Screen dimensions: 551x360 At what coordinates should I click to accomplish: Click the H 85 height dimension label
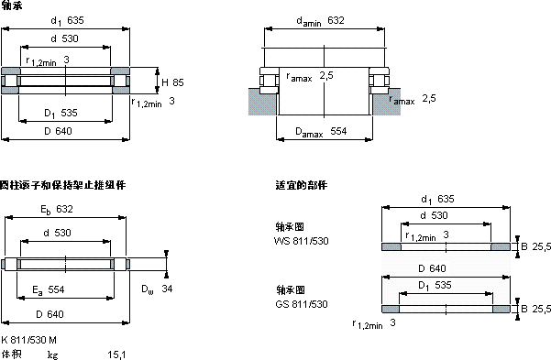click(x=172, y=82)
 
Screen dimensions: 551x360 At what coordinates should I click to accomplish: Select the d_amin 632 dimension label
click(x=320, y=21)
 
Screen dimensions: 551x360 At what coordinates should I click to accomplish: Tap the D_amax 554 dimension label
click(x=321, y=132)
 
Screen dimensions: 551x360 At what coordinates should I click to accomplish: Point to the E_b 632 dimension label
click(x=57, y=210)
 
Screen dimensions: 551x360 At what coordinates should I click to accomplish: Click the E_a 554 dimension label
click(x=49, y=290)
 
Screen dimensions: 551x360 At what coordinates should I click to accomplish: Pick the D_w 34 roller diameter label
click(x=157, y=289)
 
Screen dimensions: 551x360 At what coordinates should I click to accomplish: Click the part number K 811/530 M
click(x=28, y=340)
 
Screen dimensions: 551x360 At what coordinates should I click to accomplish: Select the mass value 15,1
click(x=116, y=355)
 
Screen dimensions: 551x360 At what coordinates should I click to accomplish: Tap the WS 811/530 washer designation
click(x=301, y=241)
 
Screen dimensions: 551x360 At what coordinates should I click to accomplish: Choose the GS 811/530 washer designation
click(x=302, y=304)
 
